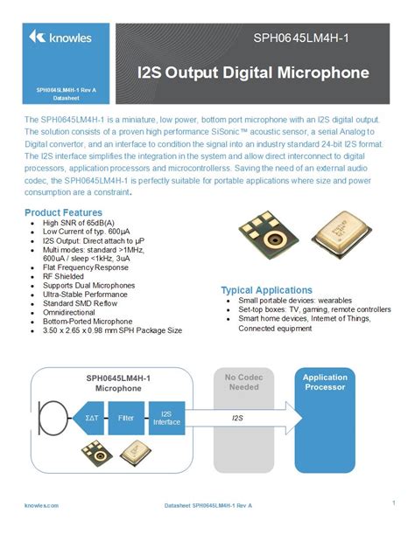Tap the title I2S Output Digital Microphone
pyautogui.click(x=253, y=73)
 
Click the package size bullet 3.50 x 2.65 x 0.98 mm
pyautogui.click(x=112, y=330)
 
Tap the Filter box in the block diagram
pyautogui.click(x=125, y=418)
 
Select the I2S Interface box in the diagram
pyautogui.click(x=166, y=418)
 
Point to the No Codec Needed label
pyautogui.click(x=243, y=383)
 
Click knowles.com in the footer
pyautogui.click(x=41, y=505)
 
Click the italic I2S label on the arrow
pyautogui.click(x=237, y=419)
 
